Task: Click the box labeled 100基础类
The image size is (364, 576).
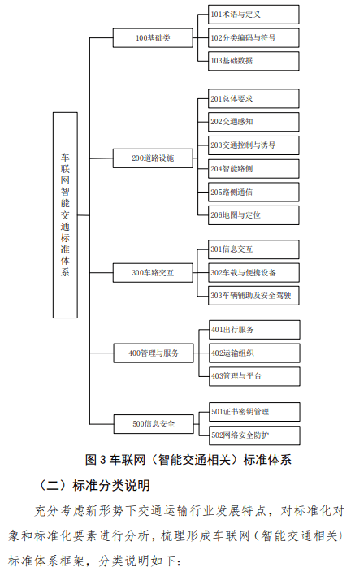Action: (x=153, y=38)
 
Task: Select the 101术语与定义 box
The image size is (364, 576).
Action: (x=253, y=15)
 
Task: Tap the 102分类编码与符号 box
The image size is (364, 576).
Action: (x=253, y=38)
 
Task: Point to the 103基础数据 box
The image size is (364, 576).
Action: (x=253, y=61)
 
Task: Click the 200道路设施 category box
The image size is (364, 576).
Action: (x=153, y=158)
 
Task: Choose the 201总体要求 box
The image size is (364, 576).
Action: (x=253, y=98)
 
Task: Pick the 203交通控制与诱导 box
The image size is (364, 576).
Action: (x=253, y=145)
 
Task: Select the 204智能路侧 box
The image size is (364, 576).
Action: (x=253, y=169)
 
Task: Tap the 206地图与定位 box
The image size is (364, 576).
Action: (x=253, y=215)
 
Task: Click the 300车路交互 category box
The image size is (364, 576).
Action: (x=153, y=273)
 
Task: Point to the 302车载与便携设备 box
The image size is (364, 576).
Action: (x=253, y=273)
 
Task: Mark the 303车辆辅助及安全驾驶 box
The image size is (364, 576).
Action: (x=253, y=296)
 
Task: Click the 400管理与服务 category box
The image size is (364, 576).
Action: (x=154, y=353)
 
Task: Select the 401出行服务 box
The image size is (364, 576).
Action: (x=254, y=330)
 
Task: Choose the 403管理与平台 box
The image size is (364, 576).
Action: (x=254, y=376)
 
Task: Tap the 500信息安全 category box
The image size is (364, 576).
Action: (x=154, y=424)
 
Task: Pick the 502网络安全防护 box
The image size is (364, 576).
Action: (x=254, y=435)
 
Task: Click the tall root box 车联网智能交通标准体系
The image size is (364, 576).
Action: (x=65, y=215)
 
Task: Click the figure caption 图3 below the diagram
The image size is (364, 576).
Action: (x=188, y=460)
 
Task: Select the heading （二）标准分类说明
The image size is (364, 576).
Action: (x=94, y=485)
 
